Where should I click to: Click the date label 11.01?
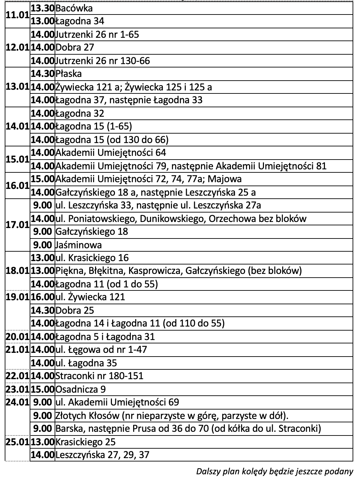click(17, 15)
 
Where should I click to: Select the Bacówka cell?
click(74, 8)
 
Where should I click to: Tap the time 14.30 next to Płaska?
click(42, 74)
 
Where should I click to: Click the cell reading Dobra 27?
click(74, 47)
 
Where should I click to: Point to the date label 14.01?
click(17, 126)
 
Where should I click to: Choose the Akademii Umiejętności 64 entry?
click(111, 153)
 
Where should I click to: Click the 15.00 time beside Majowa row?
click(42, 179)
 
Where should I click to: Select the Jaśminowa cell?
click(79, 245)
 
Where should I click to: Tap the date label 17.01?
click(17, 225)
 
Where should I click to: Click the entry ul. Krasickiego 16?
click(92, 258)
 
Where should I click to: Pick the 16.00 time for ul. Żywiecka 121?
click(42, 297)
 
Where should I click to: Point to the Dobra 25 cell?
click(74, 310)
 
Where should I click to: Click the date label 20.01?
click(17, 337)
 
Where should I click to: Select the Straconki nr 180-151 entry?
click(99, 376)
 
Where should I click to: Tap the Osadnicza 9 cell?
click(81, 389)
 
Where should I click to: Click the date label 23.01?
click(17, 389)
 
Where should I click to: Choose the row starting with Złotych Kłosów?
click(172, 415)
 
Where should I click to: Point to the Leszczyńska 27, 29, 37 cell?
click(102, 455)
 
